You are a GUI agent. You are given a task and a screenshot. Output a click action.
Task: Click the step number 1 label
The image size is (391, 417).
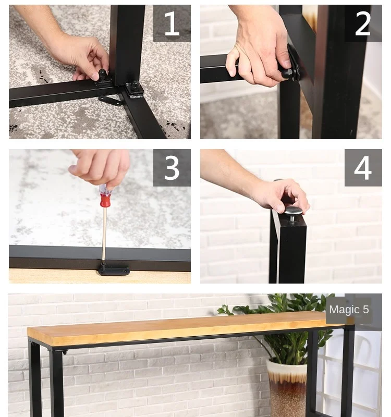click(172, 23)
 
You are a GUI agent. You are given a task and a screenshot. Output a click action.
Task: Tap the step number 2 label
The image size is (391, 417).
click(363, 23)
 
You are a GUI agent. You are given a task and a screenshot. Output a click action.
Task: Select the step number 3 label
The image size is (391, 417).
click(172, 167)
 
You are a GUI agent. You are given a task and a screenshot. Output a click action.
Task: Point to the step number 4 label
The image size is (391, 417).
click(363, 168)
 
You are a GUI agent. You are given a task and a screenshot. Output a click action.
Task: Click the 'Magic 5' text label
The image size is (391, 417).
click(349, 309)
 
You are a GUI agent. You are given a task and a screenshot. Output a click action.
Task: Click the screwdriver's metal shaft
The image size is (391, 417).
click(104, 234)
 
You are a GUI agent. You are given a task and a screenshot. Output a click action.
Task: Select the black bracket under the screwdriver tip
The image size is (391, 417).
click(114, 269)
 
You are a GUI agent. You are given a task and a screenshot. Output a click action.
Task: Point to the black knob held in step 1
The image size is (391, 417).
click(102, 76)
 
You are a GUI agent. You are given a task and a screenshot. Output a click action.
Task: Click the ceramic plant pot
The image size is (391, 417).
click(287, 388)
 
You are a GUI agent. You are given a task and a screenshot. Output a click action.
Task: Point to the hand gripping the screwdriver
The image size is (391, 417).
click(101, 167)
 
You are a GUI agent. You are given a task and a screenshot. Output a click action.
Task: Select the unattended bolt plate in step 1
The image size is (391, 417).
click(135, 89)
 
